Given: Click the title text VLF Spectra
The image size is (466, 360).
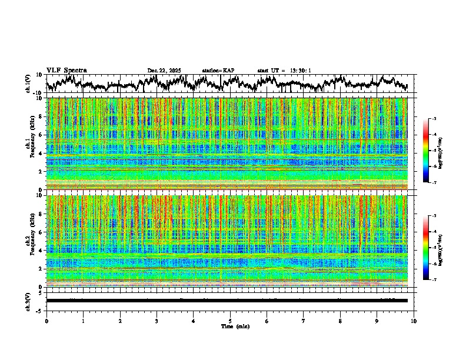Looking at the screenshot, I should tap(66, 71).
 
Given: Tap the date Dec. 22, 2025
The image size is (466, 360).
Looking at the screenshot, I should tap(164, 71).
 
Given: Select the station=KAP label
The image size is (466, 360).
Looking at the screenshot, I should tap(218, 71).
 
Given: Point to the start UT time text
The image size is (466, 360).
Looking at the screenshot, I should tap(284, 71).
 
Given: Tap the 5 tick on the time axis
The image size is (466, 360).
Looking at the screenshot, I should tap(230, 321).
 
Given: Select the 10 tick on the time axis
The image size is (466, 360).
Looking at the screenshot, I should tap(414, 321).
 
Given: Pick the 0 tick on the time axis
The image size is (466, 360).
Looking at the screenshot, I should tap(46, 321).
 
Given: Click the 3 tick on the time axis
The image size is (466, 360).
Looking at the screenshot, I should tap(157, 321).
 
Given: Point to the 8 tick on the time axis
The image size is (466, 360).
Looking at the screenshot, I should tap(340, 321).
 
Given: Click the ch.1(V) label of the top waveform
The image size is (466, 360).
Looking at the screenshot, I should tap(28, 84).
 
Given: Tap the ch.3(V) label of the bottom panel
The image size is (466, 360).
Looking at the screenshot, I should tap(28, 301).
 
